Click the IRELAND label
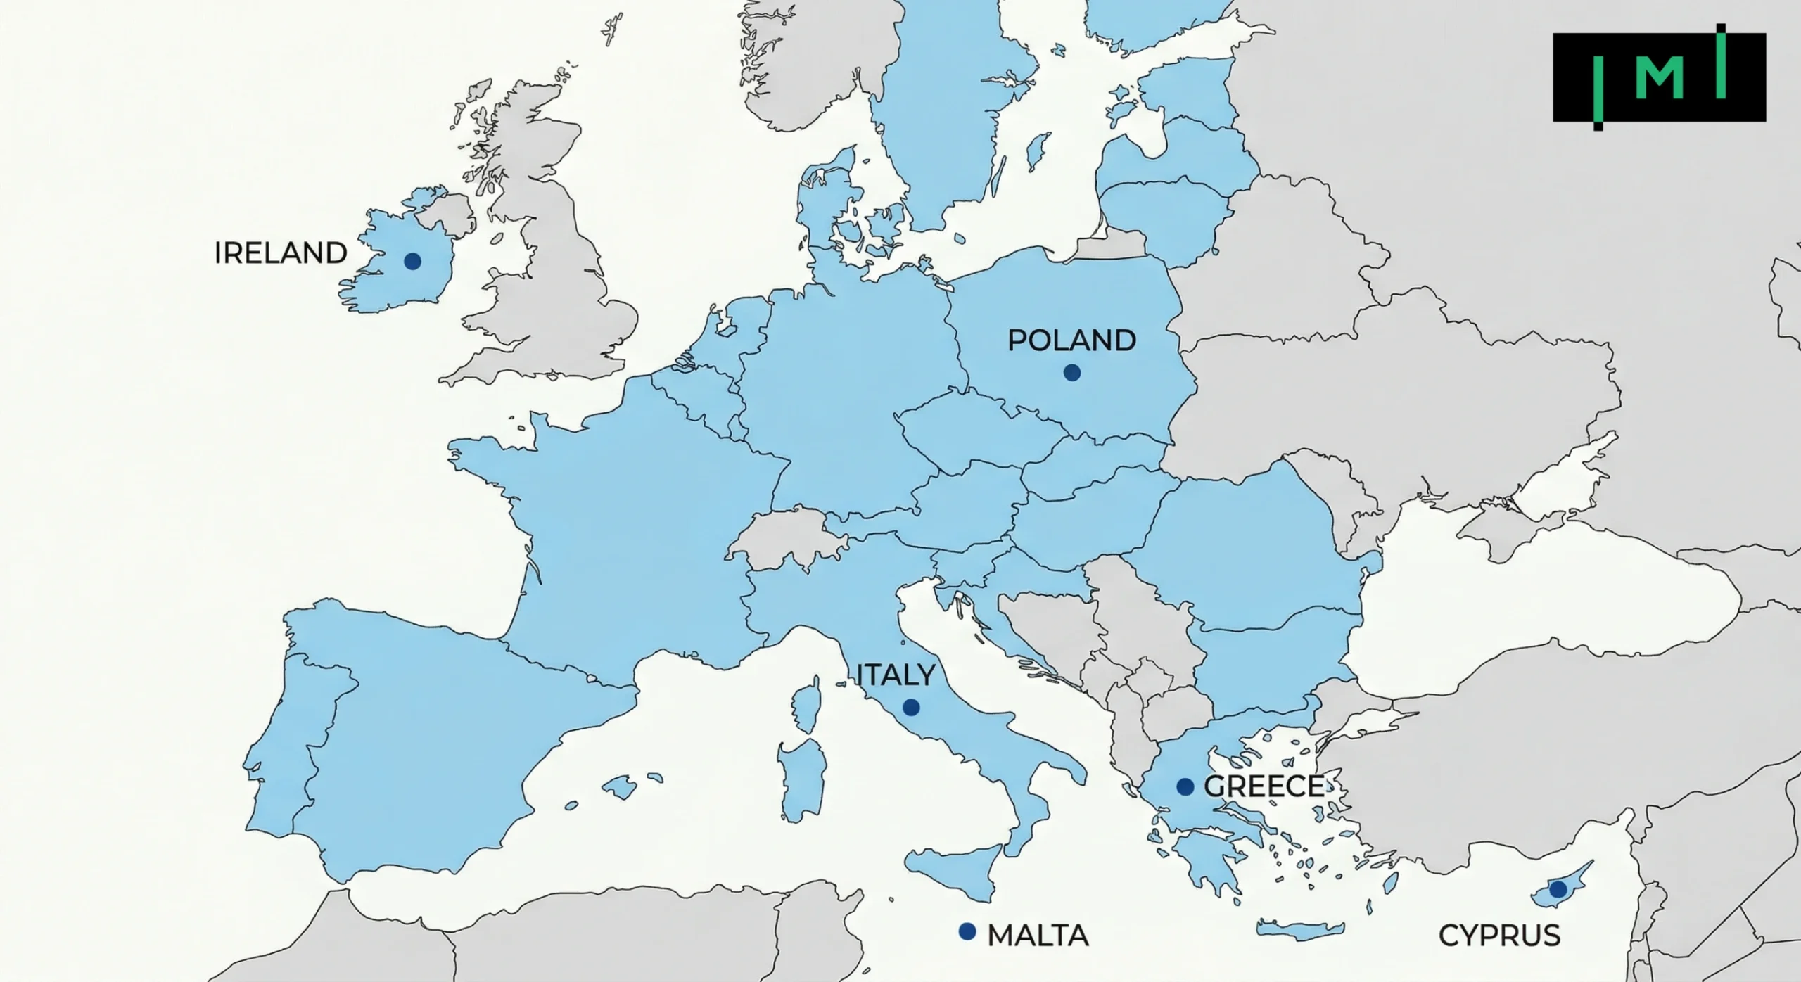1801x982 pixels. click(281, 253)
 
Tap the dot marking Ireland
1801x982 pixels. click(412, 262)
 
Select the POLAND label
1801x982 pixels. click(1071, 340)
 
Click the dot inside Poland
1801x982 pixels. click(1071, 372)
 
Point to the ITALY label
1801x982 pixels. click(896, 675)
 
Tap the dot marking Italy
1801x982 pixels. click(911, 707)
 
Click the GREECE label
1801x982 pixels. click(1264, 786)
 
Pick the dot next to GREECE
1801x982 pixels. click(1185, 786)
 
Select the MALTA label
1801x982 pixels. click(1038, 936)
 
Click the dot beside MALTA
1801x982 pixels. click(967, 931)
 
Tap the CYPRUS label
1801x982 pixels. click(1500, 936)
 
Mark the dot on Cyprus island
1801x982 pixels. click(1558, 889)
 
